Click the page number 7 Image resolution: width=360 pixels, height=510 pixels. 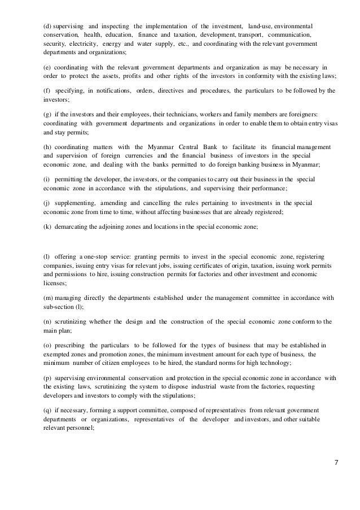click(x=336, y=465)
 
